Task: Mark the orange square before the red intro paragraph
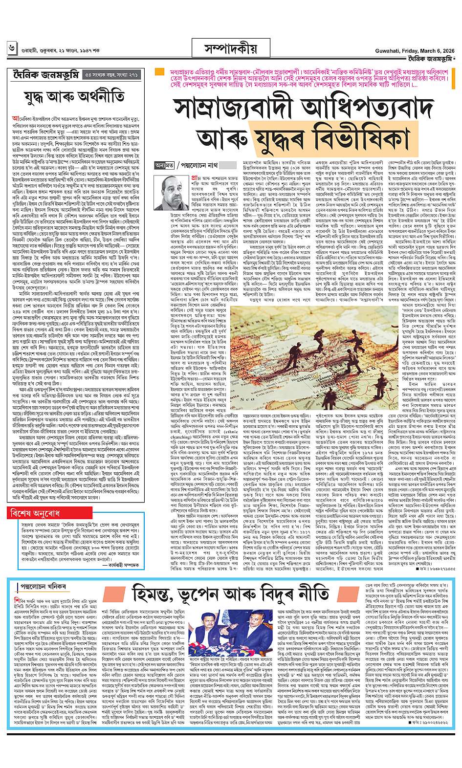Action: [159, 72]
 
